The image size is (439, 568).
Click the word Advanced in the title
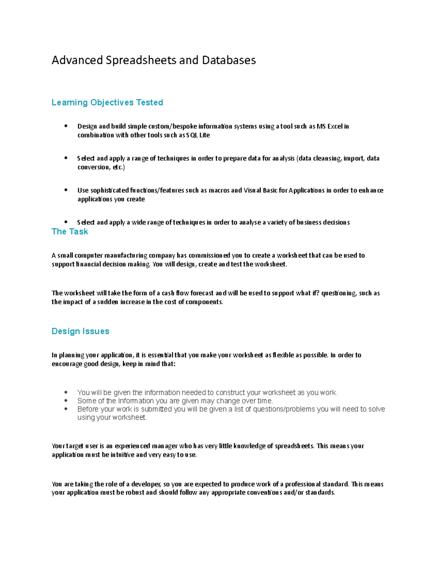[x=77, y=60]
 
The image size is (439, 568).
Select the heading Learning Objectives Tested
[x=107, y=102]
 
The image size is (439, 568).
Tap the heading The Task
[x=70, y=232]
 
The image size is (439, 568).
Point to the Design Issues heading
[x=80, y=331]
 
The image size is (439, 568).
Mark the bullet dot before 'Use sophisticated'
[x=66, y=190]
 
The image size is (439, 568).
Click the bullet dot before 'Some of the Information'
[x=66, y=401]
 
